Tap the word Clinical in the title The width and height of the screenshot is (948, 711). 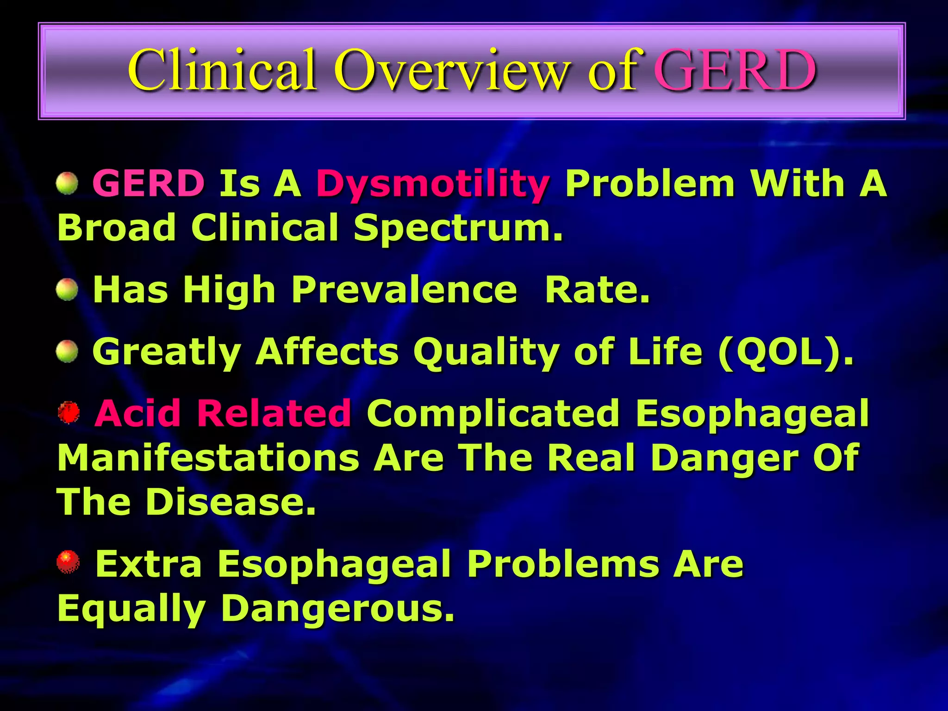point(222,70)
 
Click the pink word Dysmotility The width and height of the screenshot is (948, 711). point(433,184)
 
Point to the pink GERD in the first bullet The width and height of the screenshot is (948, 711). point(149,183)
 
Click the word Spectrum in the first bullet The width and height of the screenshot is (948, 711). point(458,228)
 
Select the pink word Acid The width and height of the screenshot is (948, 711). point(137,413)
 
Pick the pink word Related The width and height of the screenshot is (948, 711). point(274,413)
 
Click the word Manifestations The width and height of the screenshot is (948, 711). point(208,458)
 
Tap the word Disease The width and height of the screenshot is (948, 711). point(231,502)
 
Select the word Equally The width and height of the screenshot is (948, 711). point(131,609)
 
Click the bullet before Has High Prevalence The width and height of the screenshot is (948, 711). point(67,290)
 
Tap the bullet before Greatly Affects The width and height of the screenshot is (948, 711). point(67,351)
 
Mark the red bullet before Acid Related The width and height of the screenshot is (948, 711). point(69,412)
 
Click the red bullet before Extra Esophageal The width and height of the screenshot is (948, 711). point(68,562)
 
